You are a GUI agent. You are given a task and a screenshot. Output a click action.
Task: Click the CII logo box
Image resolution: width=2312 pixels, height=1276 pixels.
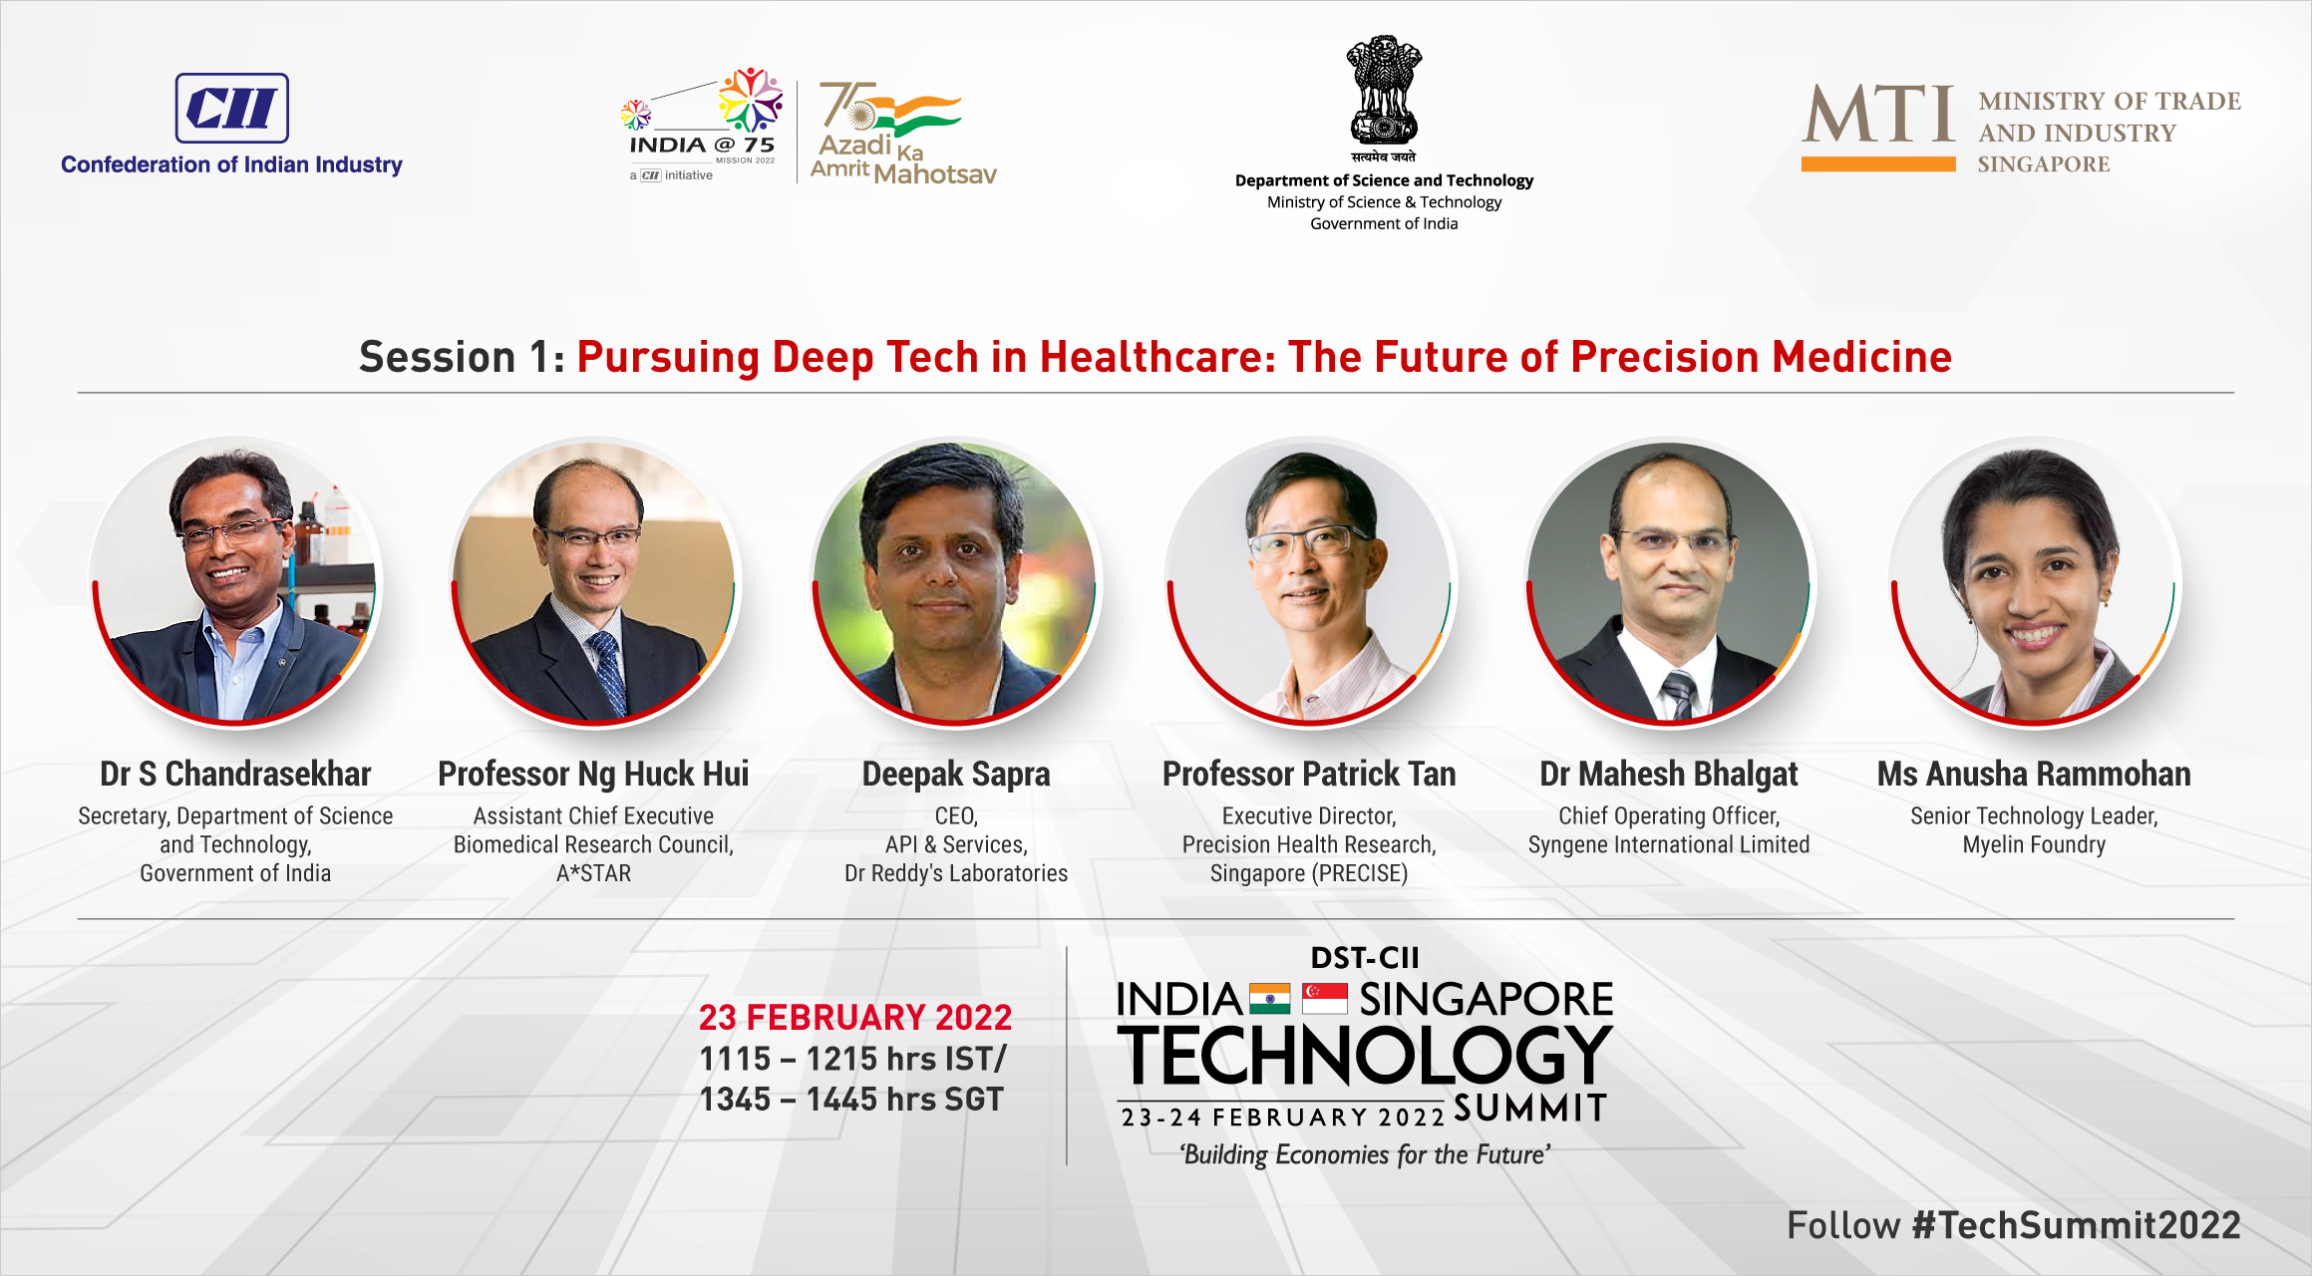coord(232,108)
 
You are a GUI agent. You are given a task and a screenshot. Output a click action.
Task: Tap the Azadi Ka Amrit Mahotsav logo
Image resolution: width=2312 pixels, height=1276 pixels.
coord(903,133)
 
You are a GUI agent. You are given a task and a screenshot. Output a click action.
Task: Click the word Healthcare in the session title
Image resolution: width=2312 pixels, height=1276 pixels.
coord(1156,357)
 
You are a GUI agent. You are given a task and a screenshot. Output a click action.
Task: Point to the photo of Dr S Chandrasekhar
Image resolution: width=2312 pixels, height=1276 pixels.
coord(235,582)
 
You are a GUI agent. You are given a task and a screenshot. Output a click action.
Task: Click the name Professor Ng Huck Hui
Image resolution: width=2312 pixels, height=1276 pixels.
coord(593,774)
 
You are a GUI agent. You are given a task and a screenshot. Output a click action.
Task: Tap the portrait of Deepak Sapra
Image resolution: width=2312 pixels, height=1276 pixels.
coord(955,582)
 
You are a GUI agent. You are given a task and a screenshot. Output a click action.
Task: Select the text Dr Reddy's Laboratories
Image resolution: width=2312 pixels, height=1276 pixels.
coord(956,873)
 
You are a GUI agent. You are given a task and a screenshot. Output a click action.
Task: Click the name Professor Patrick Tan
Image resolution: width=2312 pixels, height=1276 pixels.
coord(1309,774)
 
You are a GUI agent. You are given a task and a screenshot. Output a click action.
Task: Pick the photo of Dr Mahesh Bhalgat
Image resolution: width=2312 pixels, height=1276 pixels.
coord(1669,582)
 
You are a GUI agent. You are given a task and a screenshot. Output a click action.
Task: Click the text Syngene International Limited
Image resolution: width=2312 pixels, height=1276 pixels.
coord(1669,844)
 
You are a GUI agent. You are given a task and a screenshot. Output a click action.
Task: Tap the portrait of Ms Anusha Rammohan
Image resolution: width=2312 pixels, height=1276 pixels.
coord(2034,582)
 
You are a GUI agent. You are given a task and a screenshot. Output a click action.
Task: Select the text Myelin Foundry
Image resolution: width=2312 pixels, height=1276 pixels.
coord(2034,844)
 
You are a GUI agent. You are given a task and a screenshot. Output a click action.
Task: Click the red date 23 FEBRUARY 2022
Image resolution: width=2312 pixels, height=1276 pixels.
coord(855,1017)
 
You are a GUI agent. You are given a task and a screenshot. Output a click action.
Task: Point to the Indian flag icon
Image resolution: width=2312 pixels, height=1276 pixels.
coord(1269,999)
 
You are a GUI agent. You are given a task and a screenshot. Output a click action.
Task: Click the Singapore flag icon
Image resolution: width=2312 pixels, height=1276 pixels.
coord(1325,999)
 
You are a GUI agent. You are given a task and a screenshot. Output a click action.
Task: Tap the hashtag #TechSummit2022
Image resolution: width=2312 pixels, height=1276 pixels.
coord(2077,1225)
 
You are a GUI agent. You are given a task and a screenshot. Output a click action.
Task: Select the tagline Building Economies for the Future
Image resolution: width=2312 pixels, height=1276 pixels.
coord(1365,1154)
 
